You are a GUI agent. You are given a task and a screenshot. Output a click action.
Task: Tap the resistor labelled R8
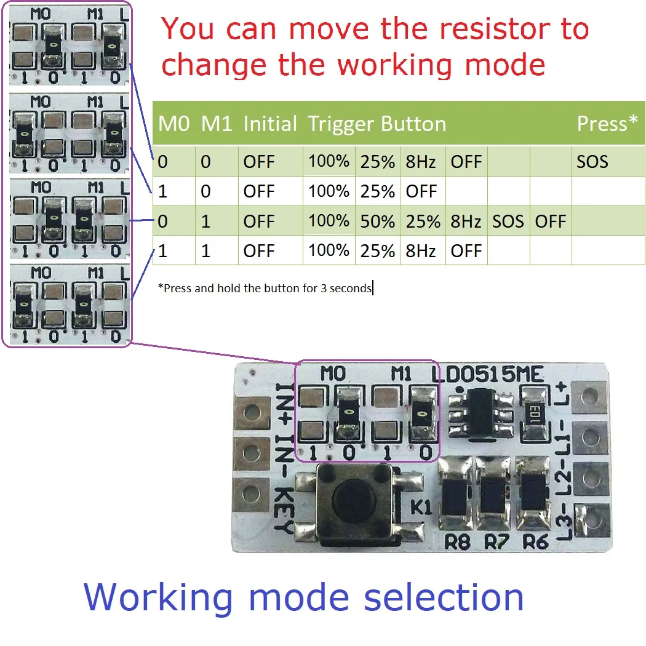click(456, 497)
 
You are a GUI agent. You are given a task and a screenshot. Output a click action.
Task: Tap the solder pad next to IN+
click(252, 411)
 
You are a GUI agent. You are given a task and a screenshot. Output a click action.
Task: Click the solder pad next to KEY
click(252, 493)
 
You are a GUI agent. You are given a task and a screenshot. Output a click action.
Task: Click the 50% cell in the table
click(377, 221)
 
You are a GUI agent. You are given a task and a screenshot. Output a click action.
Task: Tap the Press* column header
click(607, 124)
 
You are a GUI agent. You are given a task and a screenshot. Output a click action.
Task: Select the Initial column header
click(270, 124)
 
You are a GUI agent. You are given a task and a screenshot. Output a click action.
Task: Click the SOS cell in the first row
click(592, 162)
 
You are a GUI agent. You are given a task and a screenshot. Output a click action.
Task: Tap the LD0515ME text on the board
click(487, 373)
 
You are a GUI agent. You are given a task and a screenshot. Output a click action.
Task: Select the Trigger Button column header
click(377, 124)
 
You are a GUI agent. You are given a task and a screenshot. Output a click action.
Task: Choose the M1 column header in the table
click(217, 124)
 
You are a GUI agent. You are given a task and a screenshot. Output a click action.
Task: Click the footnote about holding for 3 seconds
click(265, 288)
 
